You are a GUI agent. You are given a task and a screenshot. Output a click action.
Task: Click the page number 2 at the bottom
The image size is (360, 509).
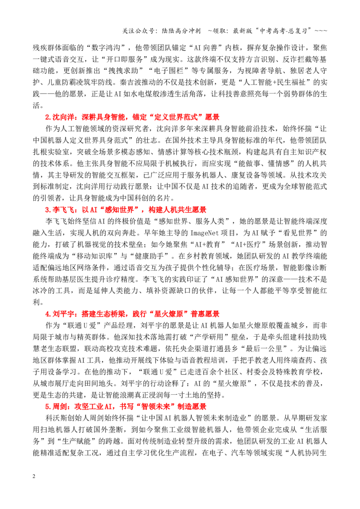tap(34, 476)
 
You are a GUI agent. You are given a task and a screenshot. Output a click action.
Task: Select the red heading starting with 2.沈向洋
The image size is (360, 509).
tap(132, 117)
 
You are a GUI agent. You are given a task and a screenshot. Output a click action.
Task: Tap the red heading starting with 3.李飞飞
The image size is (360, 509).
tap(126, 210)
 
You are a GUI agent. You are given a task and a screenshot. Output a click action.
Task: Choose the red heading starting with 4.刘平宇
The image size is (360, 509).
tap(132, 314)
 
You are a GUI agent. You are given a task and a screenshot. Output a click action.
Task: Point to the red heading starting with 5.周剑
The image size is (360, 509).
tap(126, 407)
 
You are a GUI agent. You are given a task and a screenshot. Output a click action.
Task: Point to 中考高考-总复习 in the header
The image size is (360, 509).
tap(283, 31)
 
